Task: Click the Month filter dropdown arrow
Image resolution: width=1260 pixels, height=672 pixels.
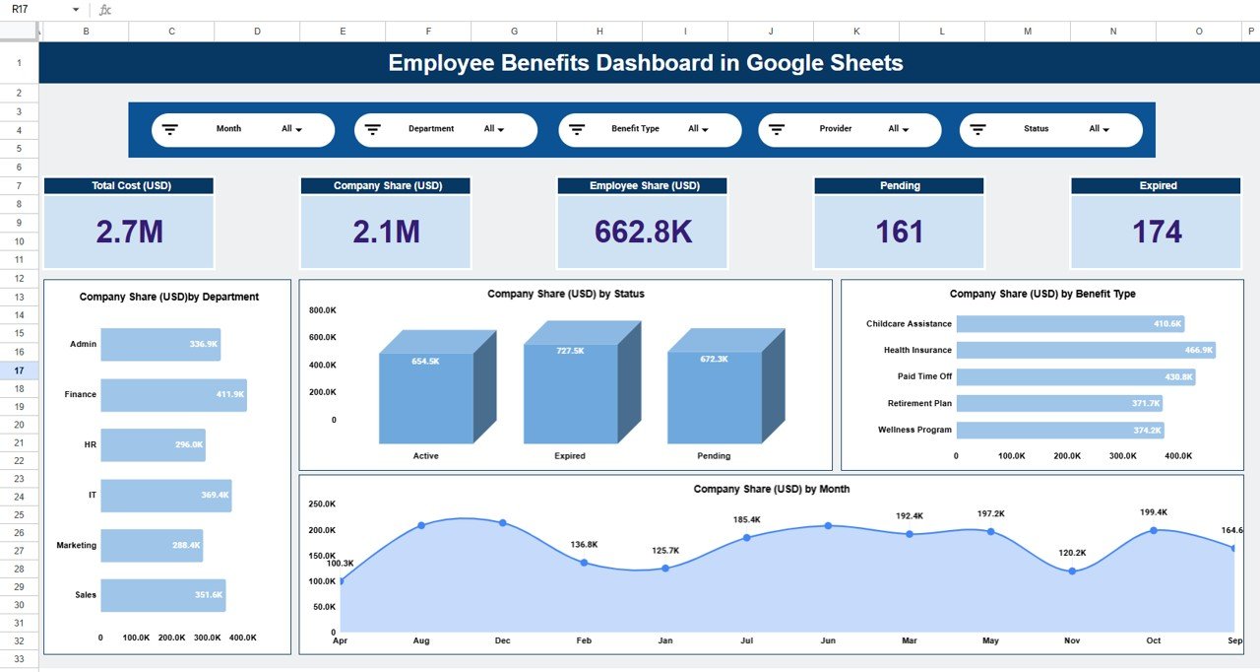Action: pyautogui.click(x=298, y=130)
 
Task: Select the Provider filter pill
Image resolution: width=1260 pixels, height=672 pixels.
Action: pyautogui.click(x=850, y=129)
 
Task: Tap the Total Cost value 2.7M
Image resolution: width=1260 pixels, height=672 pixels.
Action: pyautogui.click(x=129, y=232)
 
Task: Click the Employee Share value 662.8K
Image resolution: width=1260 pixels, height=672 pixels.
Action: pyautogui.click(x=643, y=232)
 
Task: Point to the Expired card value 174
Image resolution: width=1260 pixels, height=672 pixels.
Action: pyautogui.click(x=1157, y=232)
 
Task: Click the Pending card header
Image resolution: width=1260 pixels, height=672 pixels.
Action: pyautogui.click(x=900, y=185)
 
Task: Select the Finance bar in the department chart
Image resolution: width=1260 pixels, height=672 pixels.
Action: pyautogui.click(x=173, y=394)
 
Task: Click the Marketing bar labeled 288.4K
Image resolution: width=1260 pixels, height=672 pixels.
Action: pyautogui.click(x=152, y=545)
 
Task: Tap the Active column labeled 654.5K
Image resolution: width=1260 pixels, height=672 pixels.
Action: pyautogui.click(x=426, y=396)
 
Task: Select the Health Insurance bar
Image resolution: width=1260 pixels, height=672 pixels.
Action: pyautogui.click(x=1085, y=350)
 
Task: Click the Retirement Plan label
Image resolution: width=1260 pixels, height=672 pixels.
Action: pyautogui.click(x=919, y=403)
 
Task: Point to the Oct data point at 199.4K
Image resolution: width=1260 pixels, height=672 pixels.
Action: pyautogui.click(x=1153, y=530)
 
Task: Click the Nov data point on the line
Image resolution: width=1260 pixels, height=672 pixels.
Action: pyautogui.click(x=1072, y=571)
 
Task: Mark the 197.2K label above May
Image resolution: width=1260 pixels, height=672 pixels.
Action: pyautogui.click(x=990, y=514)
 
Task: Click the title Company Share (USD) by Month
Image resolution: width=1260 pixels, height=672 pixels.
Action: pyautogui.click(x=771, y=489)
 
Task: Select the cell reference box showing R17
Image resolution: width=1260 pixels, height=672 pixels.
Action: pyautogui.click(x=39, y=9)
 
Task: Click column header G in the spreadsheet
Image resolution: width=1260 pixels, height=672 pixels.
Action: pyautogui.click(x=514, y=32)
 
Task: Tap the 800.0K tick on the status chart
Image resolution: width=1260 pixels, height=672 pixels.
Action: pyautogui.click(x=322, y=310)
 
